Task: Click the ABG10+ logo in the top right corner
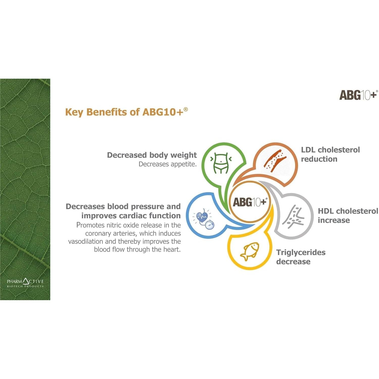(x=359, y=95)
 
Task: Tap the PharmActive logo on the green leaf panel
(x=25, y=282)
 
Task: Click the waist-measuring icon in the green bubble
(x=221, y=163)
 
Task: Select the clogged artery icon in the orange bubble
(x=275, y=161)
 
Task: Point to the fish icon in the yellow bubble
(x=250, y=251)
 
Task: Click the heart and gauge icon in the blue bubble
(x=203, y=219)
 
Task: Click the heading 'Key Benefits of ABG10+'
(x=126, y=112)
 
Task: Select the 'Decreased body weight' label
(x=152, y=155)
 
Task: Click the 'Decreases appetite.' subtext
(x=168, y=164)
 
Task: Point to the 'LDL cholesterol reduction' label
(x=330, y=154)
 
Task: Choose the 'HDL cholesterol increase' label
(x=348, y=216)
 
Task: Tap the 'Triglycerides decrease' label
(x=301, y=257)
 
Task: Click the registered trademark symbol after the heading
(x=186, y=109)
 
